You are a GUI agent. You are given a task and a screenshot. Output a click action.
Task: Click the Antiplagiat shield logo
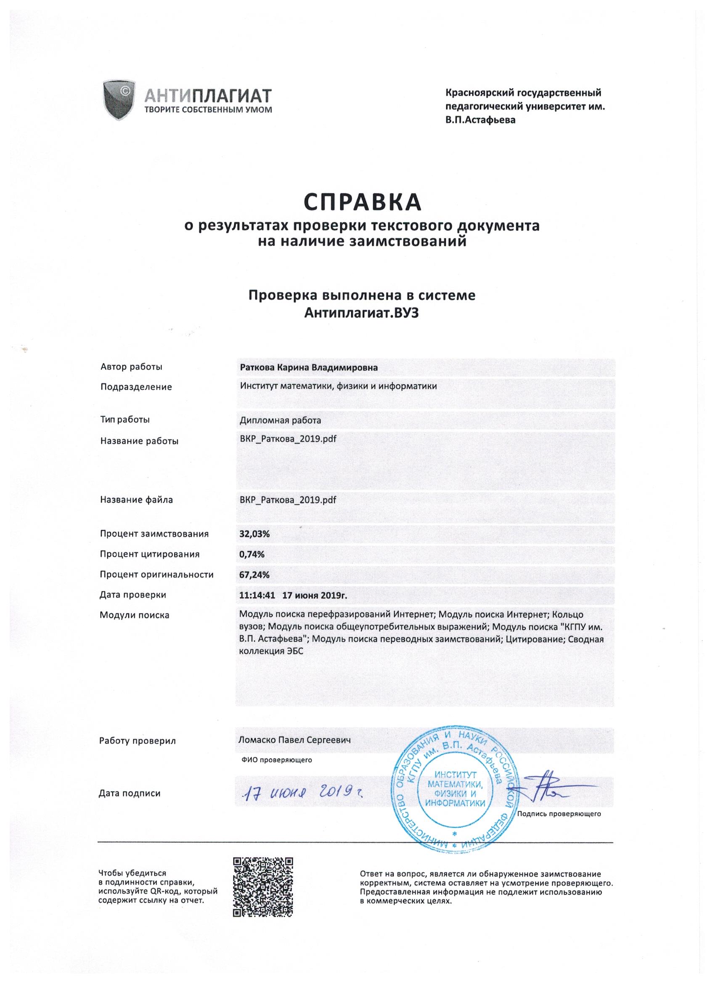118,99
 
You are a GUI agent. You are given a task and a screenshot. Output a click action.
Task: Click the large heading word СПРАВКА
362,201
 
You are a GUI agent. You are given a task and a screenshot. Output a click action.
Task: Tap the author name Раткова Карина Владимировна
308,367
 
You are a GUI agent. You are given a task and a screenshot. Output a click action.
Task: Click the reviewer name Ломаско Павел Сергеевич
294,739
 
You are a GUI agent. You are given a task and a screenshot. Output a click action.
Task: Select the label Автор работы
131,367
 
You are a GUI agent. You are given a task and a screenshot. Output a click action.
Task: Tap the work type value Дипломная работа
280,420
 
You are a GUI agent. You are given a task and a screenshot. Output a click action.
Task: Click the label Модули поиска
135,615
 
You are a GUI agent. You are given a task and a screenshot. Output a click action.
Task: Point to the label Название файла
137,500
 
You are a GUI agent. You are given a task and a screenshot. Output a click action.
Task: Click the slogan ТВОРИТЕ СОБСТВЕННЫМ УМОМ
202,109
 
